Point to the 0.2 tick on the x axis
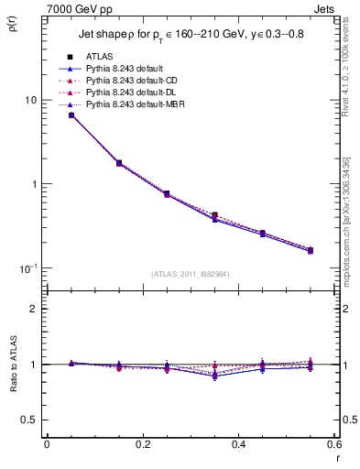pos(142,444)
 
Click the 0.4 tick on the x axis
pos(238,444)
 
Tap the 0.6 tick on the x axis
pos(333,444)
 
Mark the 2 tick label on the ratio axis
pos(33,310)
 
